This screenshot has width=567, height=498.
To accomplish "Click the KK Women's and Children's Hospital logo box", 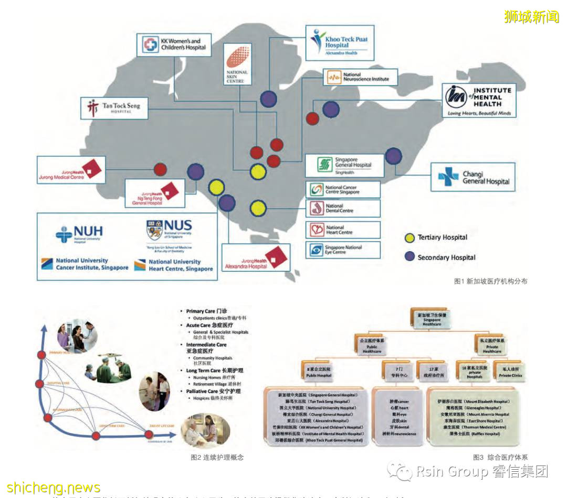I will [x=174, y=45].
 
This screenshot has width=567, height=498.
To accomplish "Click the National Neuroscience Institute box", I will [x=360, y=78].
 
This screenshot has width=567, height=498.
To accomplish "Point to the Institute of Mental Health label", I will [x=479, y=100].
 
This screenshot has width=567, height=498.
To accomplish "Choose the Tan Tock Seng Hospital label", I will [x=114, y=109].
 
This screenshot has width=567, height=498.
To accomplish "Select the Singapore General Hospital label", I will [x=343, y=165].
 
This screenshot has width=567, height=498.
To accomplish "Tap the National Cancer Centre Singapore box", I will [x=343, y=189].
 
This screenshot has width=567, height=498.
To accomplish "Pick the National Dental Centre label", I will [x=343, y=208].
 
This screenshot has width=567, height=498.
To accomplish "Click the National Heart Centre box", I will [x=343, y=230].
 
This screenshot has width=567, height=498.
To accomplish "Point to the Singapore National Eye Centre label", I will [x=343, y=250].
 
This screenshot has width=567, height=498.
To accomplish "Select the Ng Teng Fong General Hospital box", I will [x=155, y=193].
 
